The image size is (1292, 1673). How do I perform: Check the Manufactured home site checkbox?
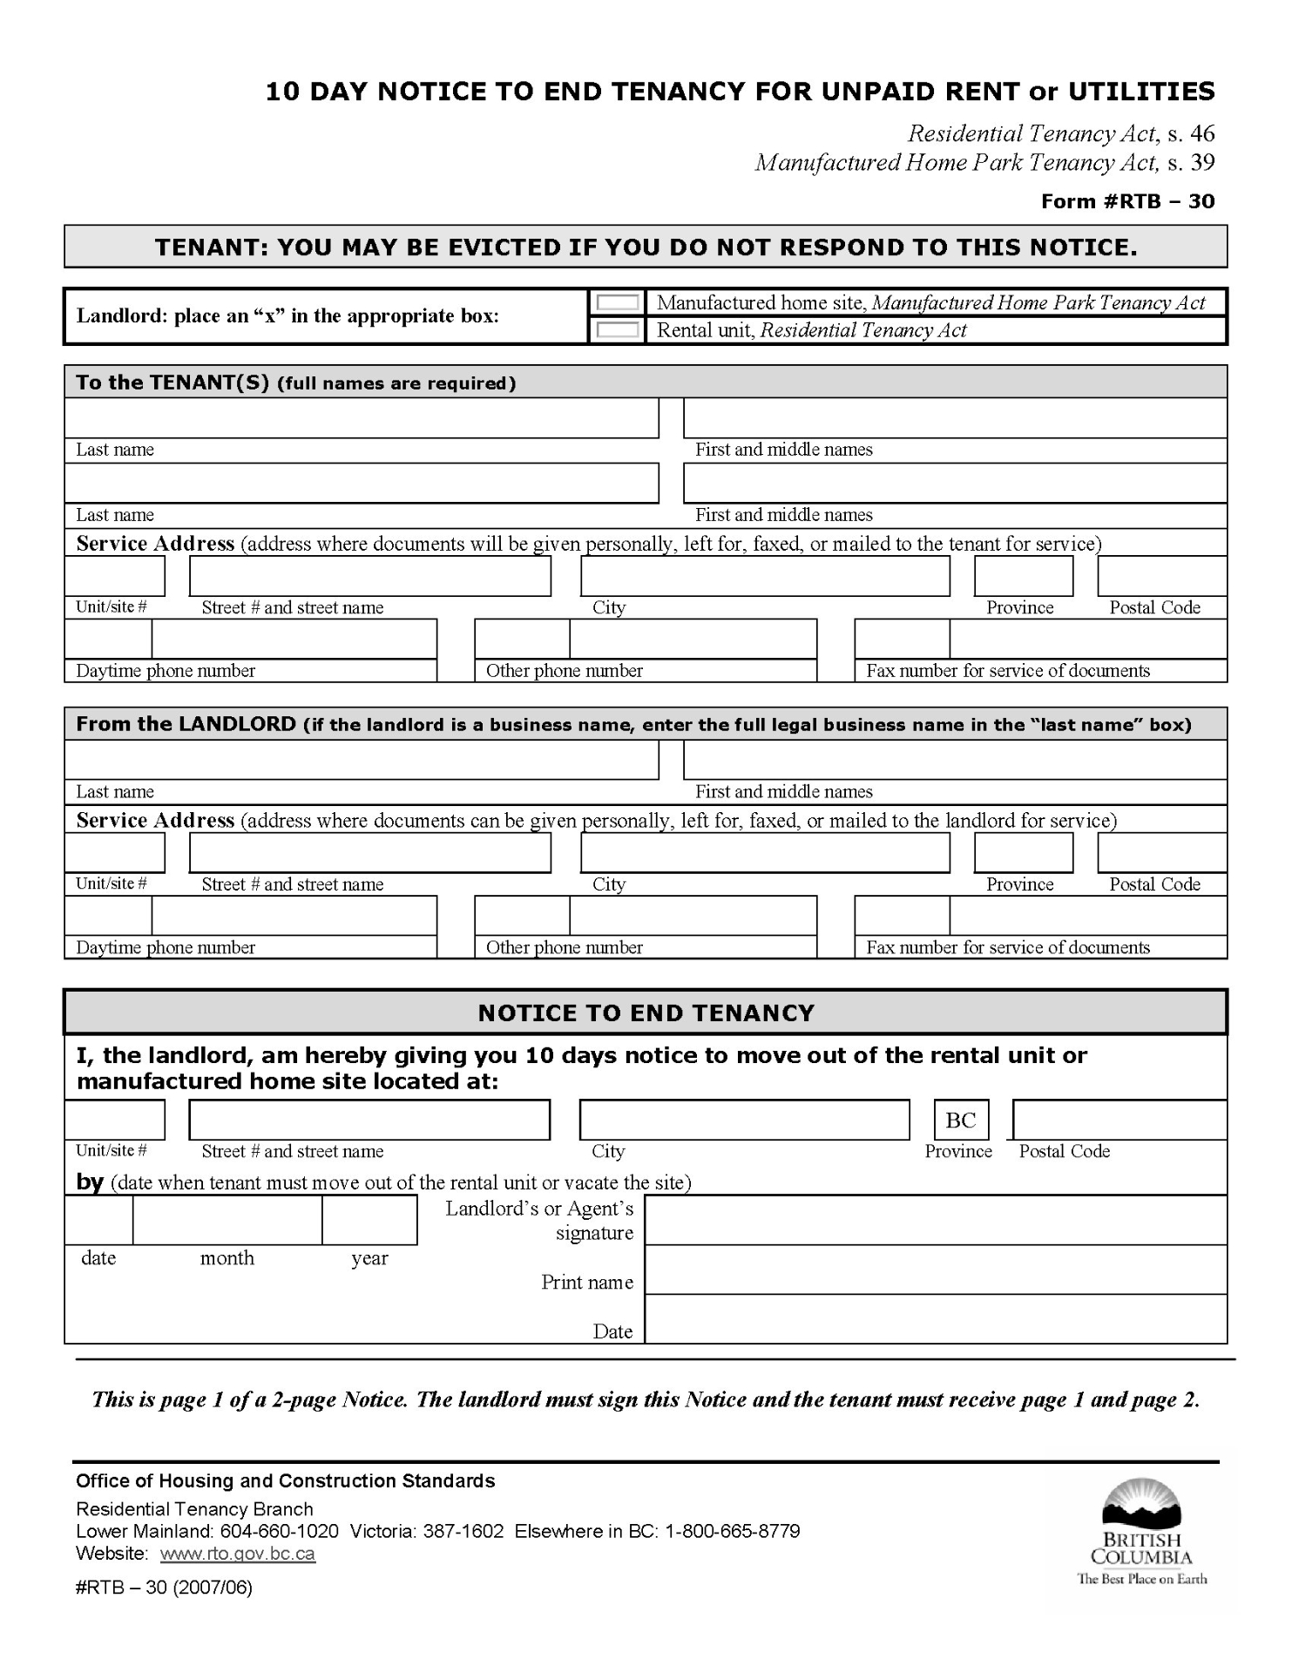(x=618, y=302)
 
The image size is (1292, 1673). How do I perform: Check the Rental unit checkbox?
(x=618, y=330)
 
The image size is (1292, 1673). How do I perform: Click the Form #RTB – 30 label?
(x=1127, y=201)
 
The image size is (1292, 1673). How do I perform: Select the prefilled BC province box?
(x=961, y=1121)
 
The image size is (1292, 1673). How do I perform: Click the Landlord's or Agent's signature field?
(x=936, y=1220)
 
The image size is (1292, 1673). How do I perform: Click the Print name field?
(x=936, y=1270)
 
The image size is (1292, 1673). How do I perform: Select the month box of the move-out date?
(x=227, y=1220)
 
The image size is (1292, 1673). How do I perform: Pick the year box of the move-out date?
(x=369, y=1220)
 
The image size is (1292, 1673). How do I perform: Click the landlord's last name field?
(x=362, y=760)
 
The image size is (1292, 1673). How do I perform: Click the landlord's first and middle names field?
(x=955, y=760)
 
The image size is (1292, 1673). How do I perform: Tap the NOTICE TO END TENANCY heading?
(x=646, y=1013)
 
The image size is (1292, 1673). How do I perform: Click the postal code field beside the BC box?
(x=1120, y=1121)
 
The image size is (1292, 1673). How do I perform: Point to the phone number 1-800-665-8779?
(x=733, y=1531)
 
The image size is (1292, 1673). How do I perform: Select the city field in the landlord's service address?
(x=765, y=853)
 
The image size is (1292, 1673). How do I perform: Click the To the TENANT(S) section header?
(x=295, y=383)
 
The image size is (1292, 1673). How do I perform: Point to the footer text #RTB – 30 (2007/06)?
(x=164, y=1587)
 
